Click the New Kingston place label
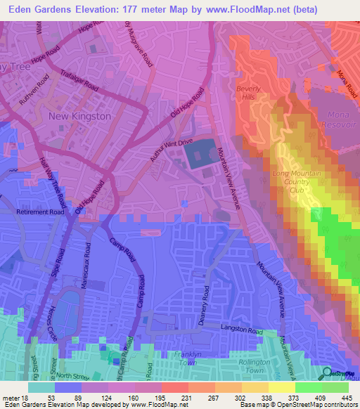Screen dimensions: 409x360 click(79, 115)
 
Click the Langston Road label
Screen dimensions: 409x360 click(241, 331)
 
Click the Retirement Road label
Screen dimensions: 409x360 click(41, 211)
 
